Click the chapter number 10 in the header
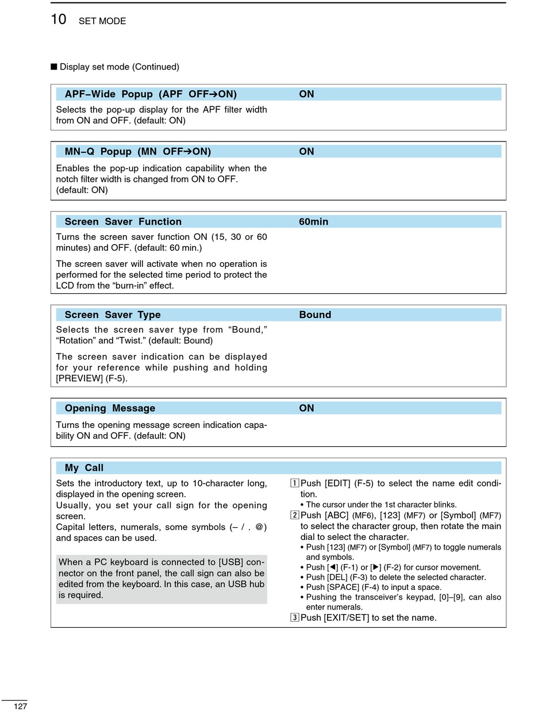tap(59, 20)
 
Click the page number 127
tap(21, 706)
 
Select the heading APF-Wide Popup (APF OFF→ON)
tap(151, 94)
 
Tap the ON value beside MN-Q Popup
tap(306, 152)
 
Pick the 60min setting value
tap(313, 222)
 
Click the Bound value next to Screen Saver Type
tap(315, 315)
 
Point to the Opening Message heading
tap(110, 408)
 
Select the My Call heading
tap(84, 468)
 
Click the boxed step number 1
tap(294, 483)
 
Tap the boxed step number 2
tap(294, 515)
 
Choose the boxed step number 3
tap(294, 618)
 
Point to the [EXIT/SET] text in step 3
tap(346, 618)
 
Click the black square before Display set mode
tap(54, 67)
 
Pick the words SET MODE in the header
tap(102, 21)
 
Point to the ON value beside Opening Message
tap(306, 408)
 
